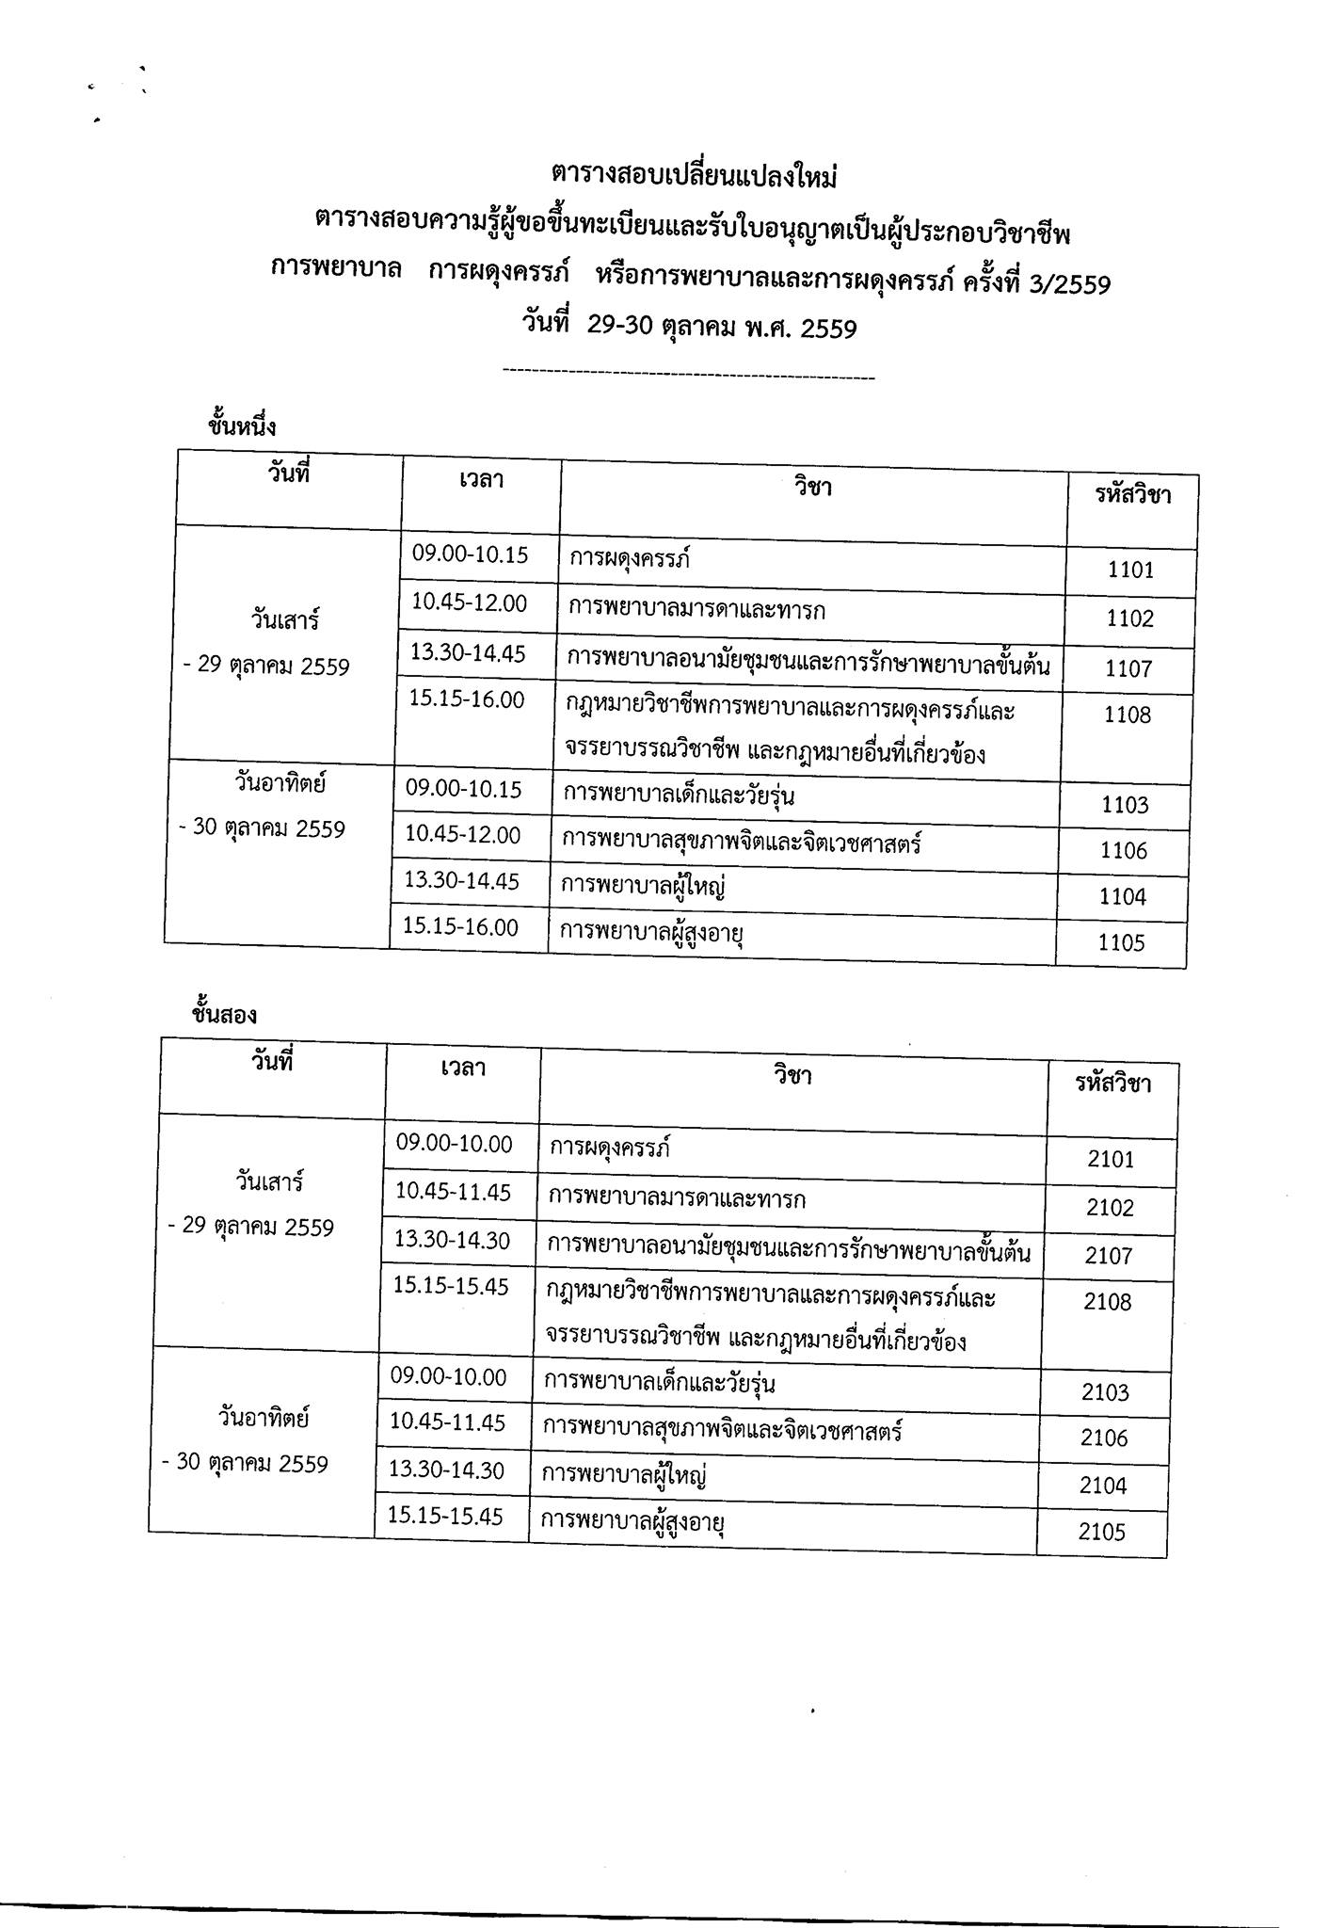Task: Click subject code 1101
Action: click(1130, 570)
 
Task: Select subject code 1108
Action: click(1128, 715)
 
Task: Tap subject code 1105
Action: click(1121, 943)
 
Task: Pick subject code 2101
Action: click(1111, 1159)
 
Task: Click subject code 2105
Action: click(1101, 1533)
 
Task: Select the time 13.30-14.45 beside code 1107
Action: click(469, 653)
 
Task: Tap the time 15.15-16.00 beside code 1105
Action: click(460, 927)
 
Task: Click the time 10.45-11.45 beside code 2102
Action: click(453, 1193)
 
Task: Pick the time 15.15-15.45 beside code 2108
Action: click(451, 1287)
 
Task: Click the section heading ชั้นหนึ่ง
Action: click(242, 426)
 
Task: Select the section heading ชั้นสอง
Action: click(224, 1016)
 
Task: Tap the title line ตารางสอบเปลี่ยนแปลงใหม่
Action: click(694, 176)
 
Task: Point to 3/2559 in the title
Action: click(1071, 284)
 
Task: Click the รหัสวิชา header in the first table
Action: click(1133, 495)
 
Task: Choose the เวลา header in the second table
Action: click(463, 1069)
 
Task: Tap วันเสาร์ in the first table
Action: click(285, 621)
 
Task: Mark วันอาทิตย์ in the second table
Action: click(264, 1417)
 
